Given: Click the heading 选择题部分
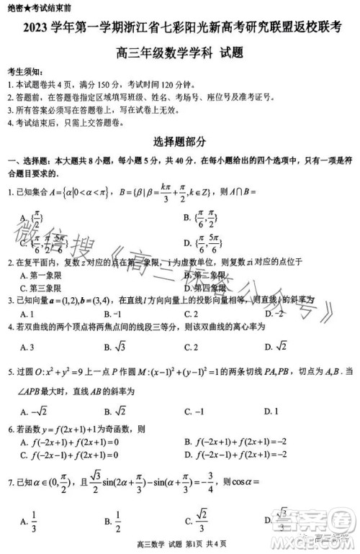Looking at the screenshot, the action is click(179, 141).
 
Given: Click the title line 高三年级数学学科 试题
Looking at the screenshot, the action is click(179, 53).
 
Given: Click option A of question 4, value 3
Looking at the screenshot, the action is click(28, 347).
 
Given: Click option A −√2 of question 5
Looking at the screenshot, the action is click(35, 411).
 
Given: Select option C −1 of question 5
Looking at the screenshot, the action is click(194, 411).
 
